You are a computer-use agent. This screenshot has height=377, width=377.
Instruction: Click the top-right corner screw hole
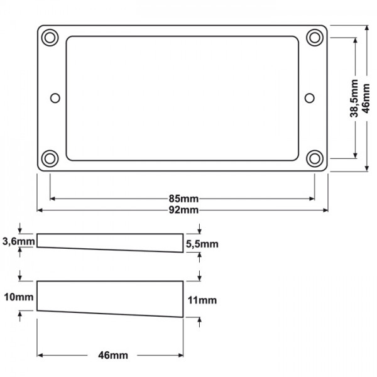coord(314,37)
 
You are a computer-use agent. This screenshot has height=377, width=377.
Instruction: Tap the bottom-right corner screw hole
coord(314,158)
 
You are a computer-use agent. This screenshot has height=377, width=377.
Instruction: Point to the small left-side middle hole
coord(55,97)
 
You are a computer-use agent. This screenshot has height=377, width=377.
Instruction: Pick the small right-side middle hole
coord(309,97)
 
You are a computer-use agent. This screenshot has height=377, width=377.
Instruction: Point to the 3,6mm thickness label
coord(19,241)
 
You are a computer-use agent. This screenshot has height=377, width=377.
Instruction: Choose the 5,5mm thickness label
coord(202,244)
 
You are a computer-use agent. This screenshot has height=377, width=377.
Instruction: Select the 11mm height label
coord(202,300)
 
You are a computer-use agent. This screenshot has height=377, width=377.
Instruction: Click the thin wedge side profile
coord(110,241)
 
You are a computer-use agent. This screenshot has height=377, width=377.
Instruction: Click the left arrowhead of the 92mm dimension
coord(40,210)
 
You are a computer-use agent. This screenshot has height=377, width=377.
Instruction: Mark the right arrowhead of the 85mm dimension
coord(312,199)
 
